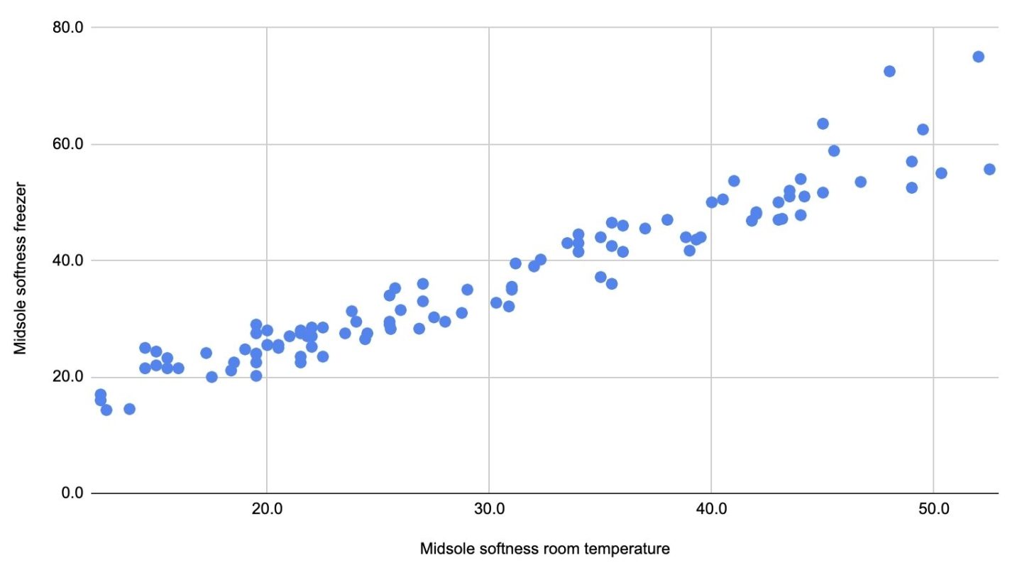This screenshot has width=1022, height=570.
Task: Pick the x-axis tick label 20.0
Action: point(267,513)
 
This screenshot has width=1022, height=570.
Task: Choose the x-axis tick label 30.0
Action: point(489,513)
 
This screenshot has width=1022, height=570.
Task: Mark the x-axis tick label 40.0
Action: point(711,513)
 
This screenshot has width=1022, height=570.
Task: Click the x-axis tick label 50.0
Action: point(933,513)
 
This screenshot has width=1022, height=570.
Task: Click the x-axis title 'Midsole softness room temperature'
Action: point(545,549)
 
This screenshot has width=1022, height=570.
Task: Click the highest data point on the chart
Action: point(978,57)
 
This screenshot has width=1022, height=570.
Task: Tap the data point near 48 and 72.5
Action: point(889,71)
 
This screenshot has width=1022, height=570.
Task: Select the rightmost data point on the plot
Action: point(989,169)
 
